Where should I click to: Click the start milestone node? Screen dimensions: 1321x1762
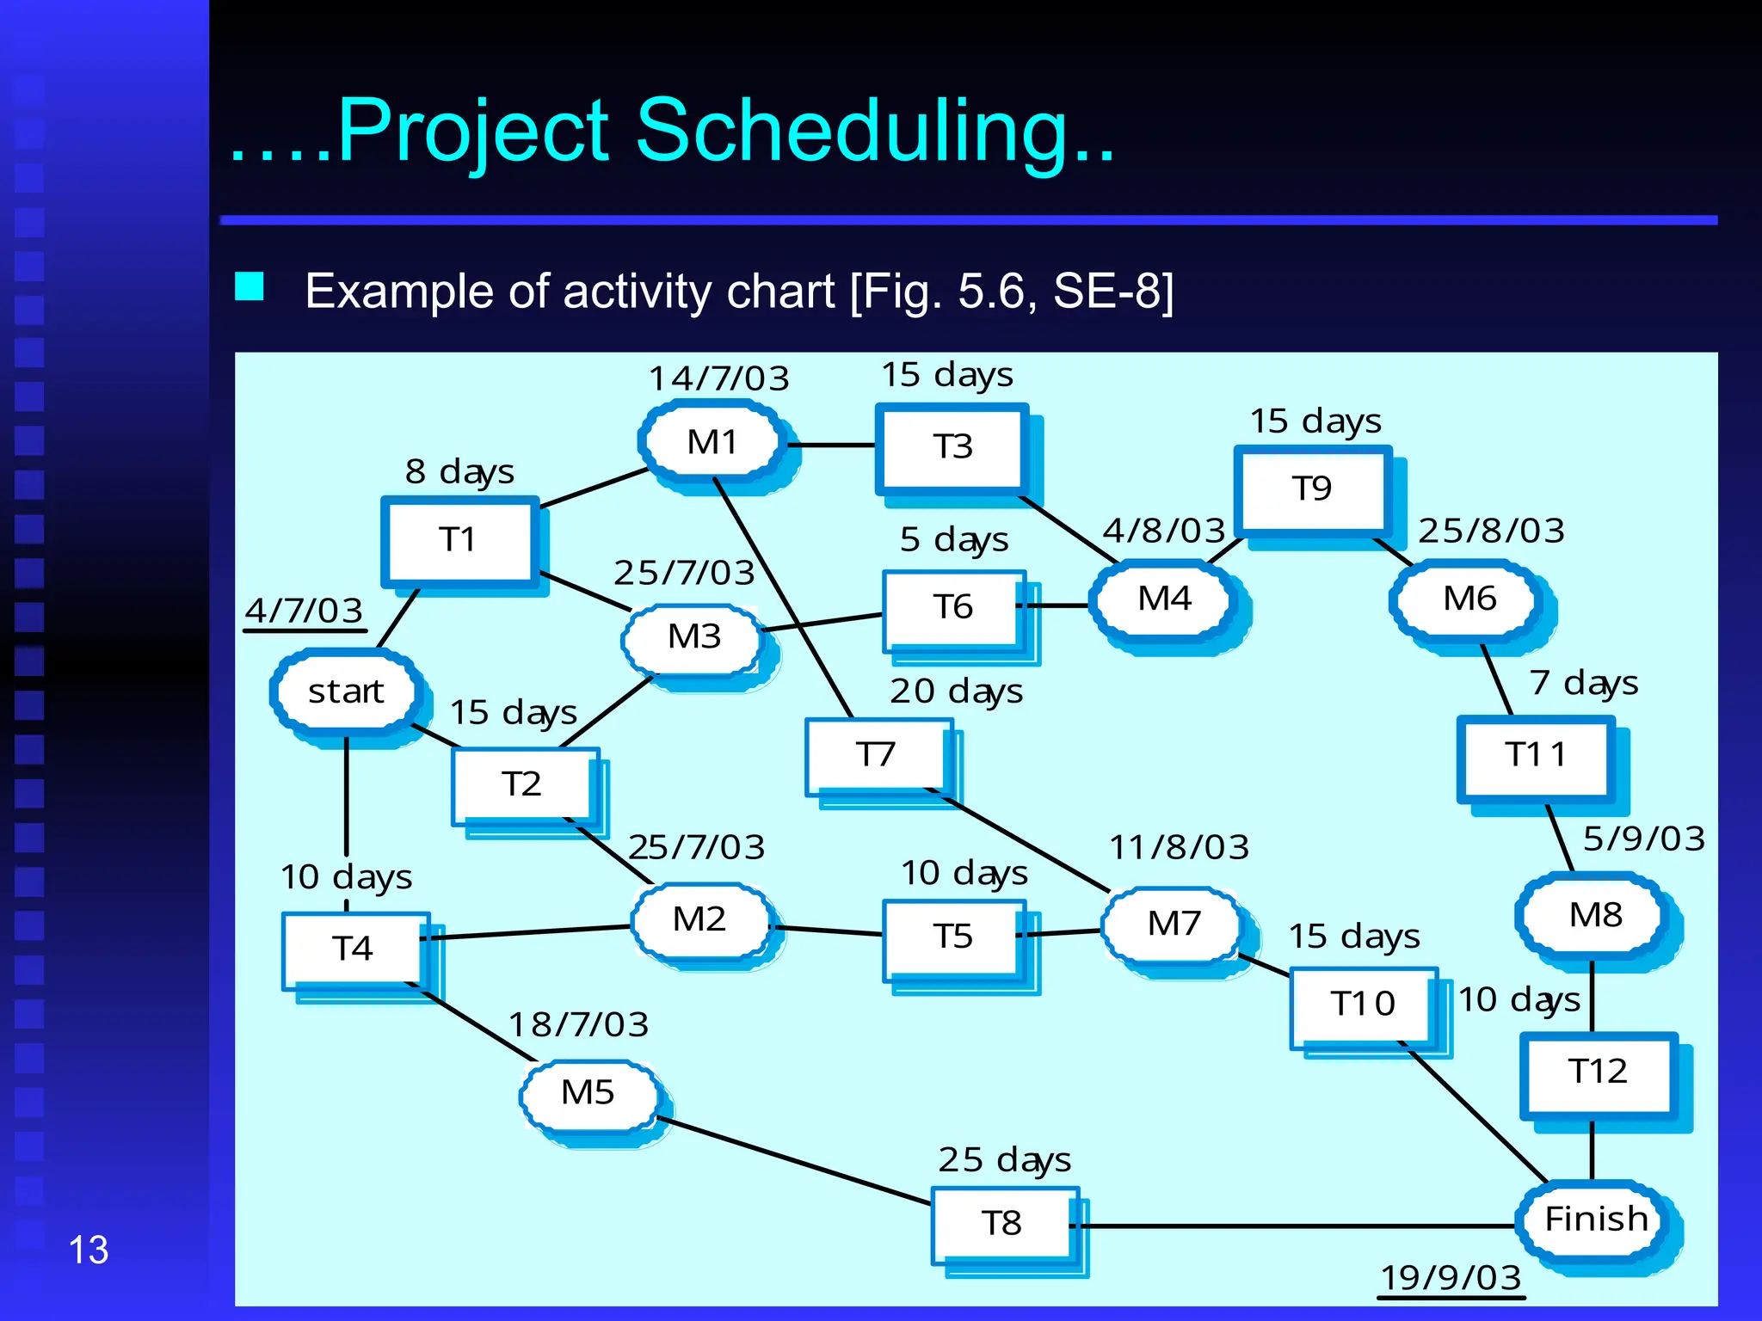point(346,691)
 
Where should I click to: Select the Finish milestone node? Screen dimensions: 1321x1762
point(1596,1220)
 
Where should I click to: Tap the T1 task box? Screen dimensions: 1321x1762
point(458,540)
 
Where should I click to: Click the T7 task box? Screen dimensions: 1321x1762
point(876,754)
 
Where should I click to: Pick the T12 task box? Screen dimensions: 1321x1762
point(1597,1072)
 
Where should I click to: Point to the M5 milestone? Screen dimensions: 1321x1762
point(588,1093)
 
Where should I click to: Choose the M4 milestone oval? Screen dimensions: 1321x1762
point(1164,599)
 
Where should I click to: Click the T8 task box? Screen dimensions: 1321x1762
point(1001,1223)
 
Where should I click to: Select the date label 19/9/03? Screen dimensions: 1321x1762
point(1451,1277)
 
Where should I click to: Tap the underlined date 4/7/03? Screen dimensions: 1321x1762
point(304,611)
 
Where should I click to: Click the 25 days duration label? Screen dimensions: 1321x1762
point(1004,1159)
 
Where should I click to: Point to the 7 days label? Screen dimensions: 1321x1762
point(1583,683)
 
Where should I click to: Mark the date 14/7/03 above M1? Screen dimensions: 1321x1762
point(718,378)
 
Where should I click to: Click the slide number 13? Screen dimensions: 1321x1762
point(88,1250)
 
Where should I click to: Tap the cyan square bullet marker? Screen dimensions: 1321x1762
point(250,286)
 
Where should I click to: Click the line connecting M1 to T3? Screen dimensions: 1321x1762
point(831,445)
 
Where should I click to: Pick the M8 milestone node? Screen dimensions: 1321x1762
point(1595,915)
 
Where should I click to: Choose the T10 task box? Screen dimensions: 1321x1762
point(1362,1004)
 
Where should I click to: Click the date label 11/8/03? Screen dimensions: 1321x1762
point(1179,847)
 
